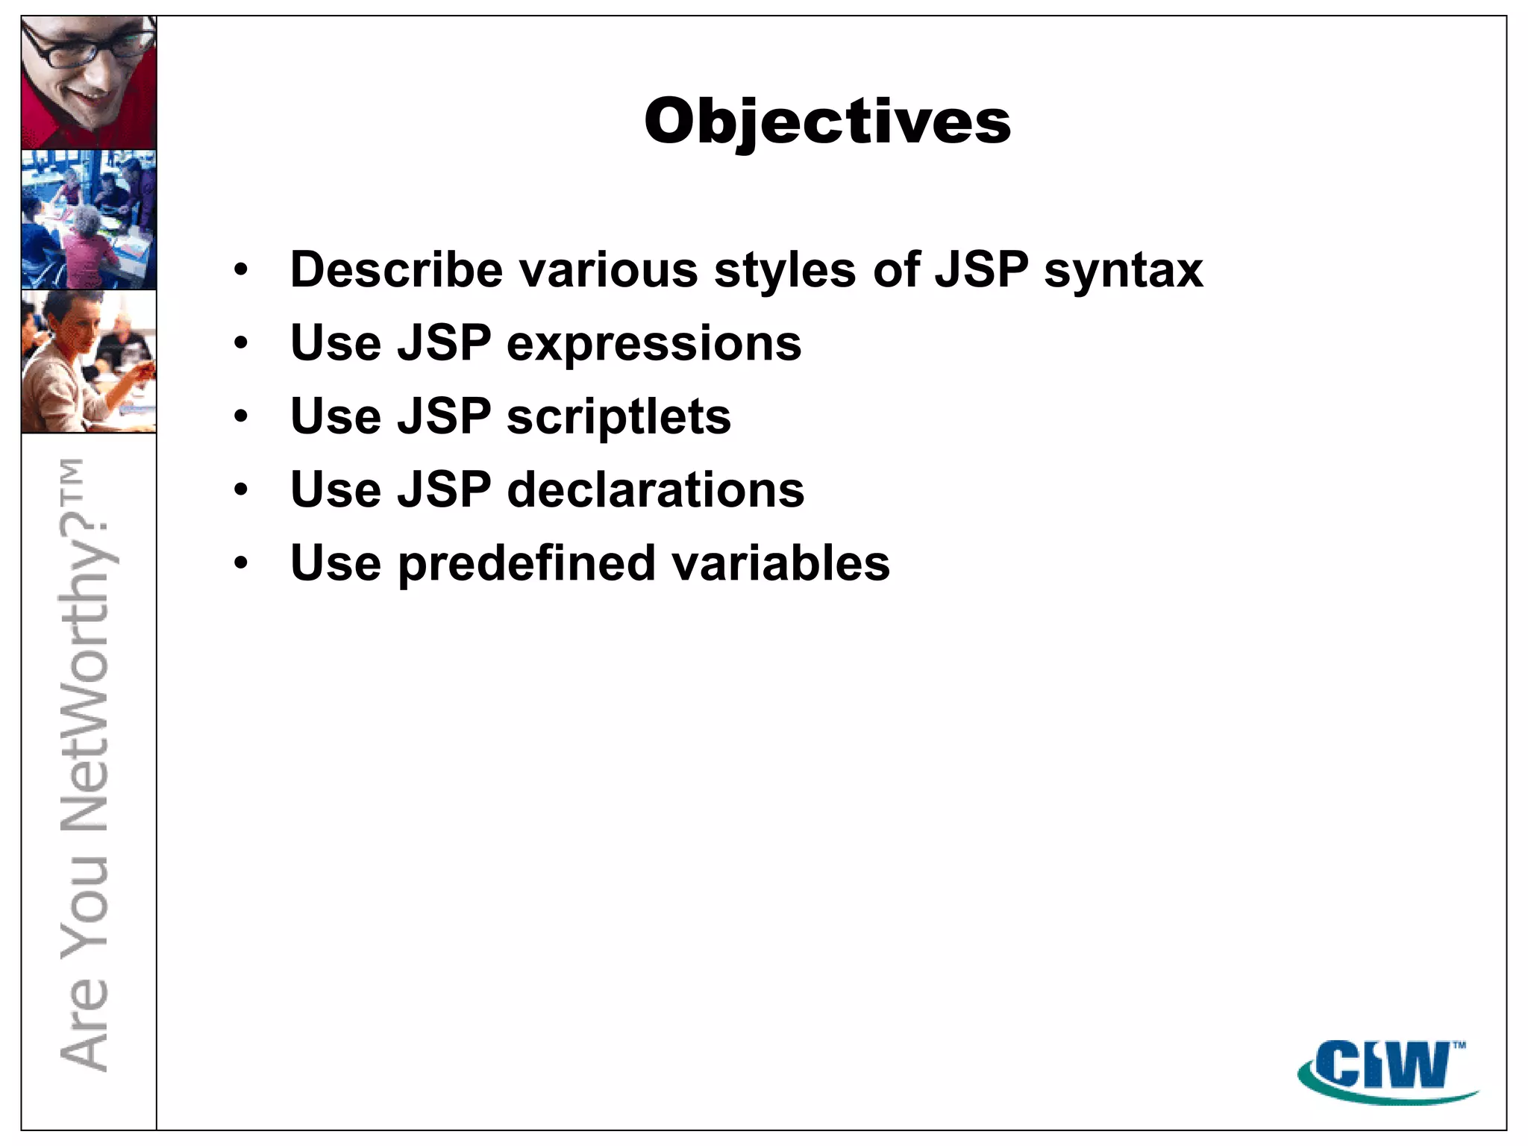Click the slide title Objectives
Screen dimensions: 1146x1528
click(827, 122)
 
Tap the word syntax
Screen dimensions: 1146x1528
click(1123, 271)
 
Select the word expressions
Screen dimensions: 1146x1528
click(654, 345)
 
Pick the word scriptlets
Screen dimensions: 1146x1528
click(619, 417)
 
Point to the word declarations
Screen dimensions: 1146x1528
click(655, 490)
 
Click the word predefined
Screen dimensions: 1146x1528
click(526, 563)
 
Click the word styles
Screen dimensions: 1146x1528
click(785, 270)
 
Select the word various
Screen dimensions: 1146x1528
click(608, 269)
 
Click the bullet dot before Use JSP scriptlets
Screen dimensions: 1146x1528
click(240, 416)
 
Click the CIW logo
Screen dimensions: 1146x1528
click(1380, 1068)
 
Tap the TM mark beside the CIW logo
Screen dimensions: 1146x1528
click(1459, 1045)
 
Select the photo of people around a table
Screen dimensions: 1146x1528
click(89, 219)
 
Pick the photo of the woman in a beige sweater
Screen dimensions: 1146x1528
click(89, 361)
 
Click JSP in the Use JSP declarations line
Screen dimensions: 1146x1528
click(444, 490)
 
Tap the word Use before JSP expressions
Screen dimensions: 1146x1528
click(336, 343)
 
